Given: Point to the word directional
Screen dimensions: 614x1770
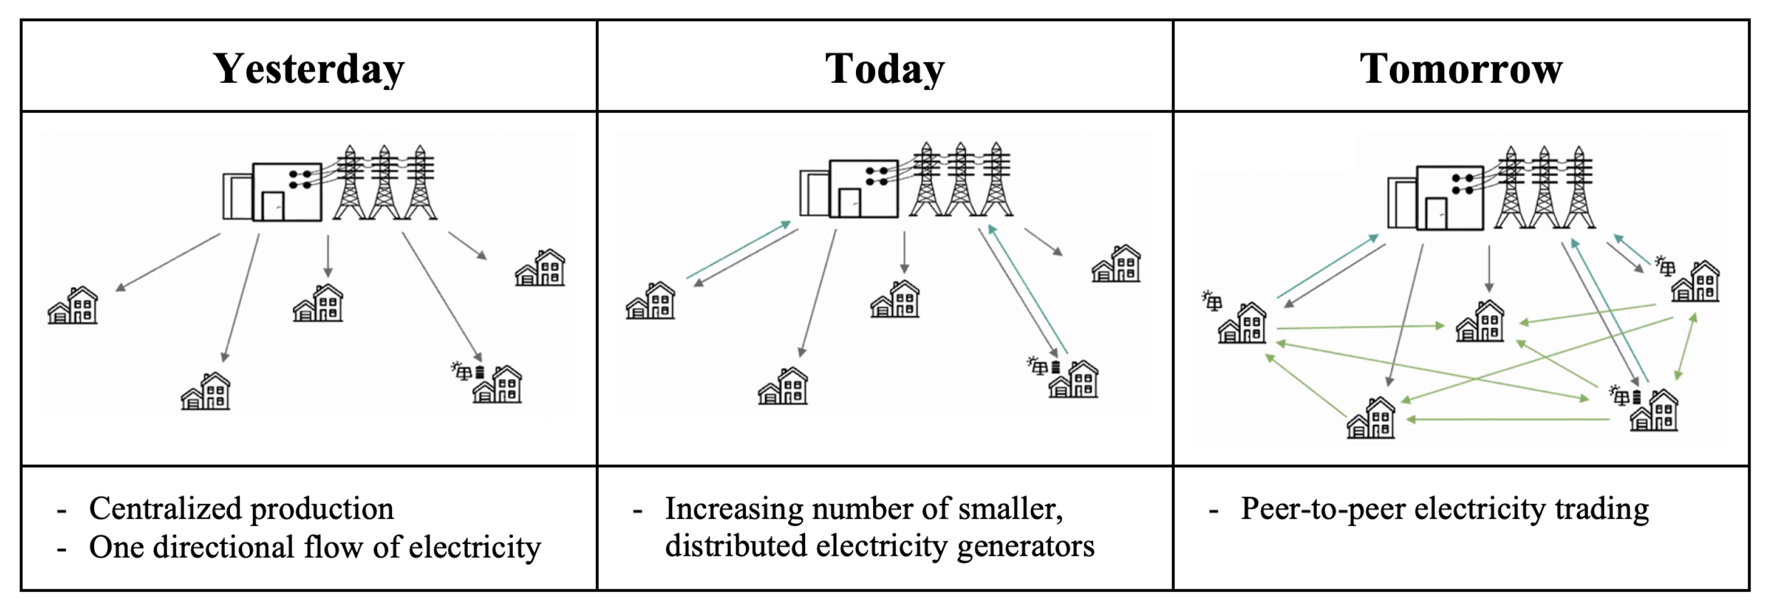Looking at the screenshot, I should click(x=223, y=547).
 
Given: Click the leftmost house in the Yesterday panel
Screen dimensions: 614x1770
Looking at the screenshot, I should click(x=73, y=306).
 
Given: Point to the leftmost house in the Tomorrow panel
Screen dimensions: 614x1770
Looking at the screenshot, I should click(x=1242, y=323).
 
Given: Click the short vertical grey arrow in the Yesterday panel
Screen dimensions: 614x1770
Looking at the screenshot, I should click(x=328, y=256).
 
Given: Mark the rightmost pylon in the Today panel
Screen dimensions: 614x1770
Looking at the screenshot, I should click(x=996, y=180).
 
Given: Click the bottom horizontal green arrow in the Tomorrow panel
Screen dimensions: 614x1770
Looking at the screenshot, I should click(x=1508, y=419).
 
